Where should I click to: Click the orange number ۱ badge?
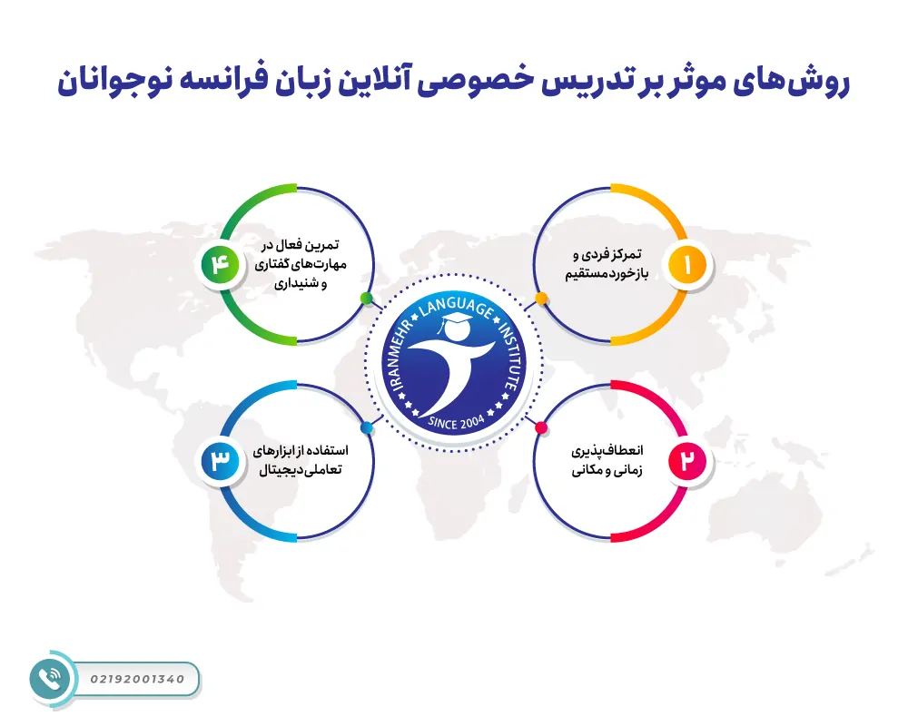point(687,265)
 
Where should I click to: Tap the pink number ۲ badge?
point(687,461)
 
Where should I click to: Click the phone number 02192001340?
point(138,679)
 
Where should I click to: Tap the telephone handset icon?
point(46,679)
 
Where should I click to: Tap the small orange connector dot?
point(541,298)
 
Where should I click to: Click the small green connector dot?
point(366,298)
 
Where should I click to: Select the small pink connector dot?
point(541,427)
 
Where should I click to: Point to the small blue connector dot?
point(366,427)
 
